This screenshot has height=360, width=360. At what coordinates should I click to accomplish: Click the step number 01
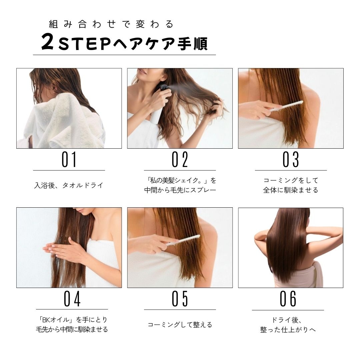69,159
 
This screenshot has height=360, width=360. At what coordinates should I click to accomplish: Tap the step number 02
180,159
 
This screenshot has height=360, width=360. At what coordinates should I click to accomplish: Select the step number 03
291,159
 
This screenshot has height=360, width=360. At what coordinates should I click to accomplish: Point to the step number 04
72,299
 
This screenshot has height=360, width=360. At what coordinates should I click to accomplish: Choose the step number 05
180,299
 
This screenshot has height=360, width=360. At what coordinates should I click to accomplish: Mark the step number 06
288,299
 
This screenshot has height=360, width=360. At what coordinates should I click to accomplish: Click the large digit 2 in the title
48,42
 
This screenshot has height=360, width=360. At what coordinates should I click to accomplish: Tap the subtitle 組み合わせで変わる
111,24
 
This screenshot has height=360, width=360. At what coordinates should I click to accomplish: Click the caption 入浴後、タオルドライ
69,185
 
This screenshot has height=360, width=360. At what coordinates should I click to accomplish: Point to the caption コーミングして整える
180,324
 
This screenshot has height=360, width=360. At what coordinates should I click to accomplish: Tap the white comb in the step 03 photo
286,106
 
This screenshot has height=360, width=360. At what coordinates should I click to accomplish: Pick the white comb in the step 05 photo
183,240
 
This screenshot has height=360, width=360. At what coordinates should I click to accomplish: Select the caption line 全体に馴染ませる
291,190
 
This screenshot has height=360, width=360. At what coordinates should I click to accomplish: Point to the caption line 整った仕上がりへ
288,330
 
